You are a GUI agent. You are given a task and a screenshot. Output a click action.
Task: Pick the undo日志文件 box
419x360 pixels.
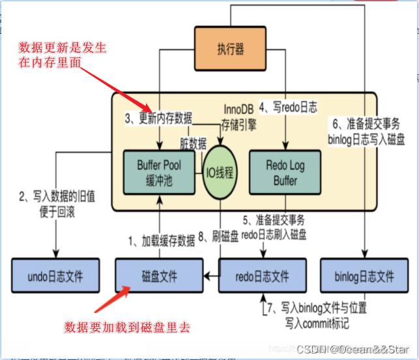click(55, 276)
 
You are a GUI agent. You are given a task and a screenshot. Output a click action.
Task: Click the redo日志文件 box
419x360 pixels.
click(262, 276)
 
